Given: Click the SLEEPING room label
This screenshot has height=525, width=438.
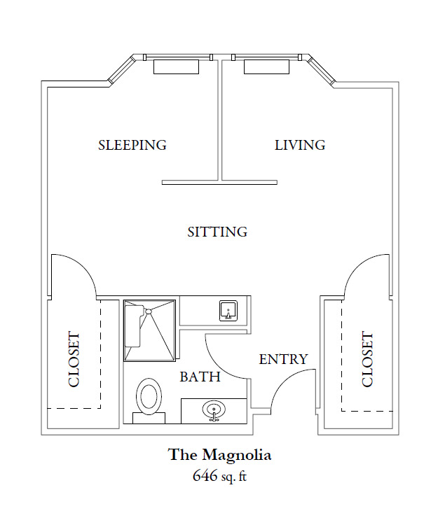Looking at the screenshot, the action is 132,145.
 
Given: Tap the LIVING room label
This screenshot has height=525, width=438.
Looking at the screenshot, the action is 300,145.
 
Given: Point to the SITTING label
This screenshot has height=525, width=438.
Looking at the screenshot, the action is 217,232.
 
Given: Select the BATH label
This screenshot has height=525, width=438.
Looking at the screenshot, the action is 200,377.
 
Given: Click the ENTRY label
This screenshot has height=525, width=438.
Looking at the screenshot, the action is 283,359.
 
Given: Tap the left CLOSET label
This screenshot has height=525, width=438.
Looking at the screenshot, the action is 74,359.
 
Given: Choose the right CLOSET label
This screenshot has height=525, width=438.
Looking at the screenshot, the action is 367,359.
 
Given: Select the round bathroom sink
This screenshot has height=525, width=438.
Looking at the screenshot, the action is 214,410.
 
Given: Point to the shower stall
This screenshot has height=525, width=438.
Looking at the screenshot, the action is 149,331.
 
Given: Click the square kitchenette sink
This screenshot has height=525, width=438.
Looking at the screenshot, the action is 228,311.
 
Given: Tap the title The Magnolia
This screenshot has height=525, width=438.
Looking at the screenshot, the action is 219,454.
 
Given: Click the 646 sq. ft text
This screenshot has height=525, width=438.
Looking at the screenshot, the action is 219,475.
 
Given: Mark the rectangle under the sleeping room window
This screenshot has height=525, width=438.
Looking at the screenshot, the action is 177,67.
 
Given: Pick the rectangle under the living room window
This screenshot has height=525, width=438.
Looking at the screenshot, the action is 267,67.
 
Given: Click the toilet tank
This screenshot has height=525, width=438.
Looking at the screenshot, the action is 149,418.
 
